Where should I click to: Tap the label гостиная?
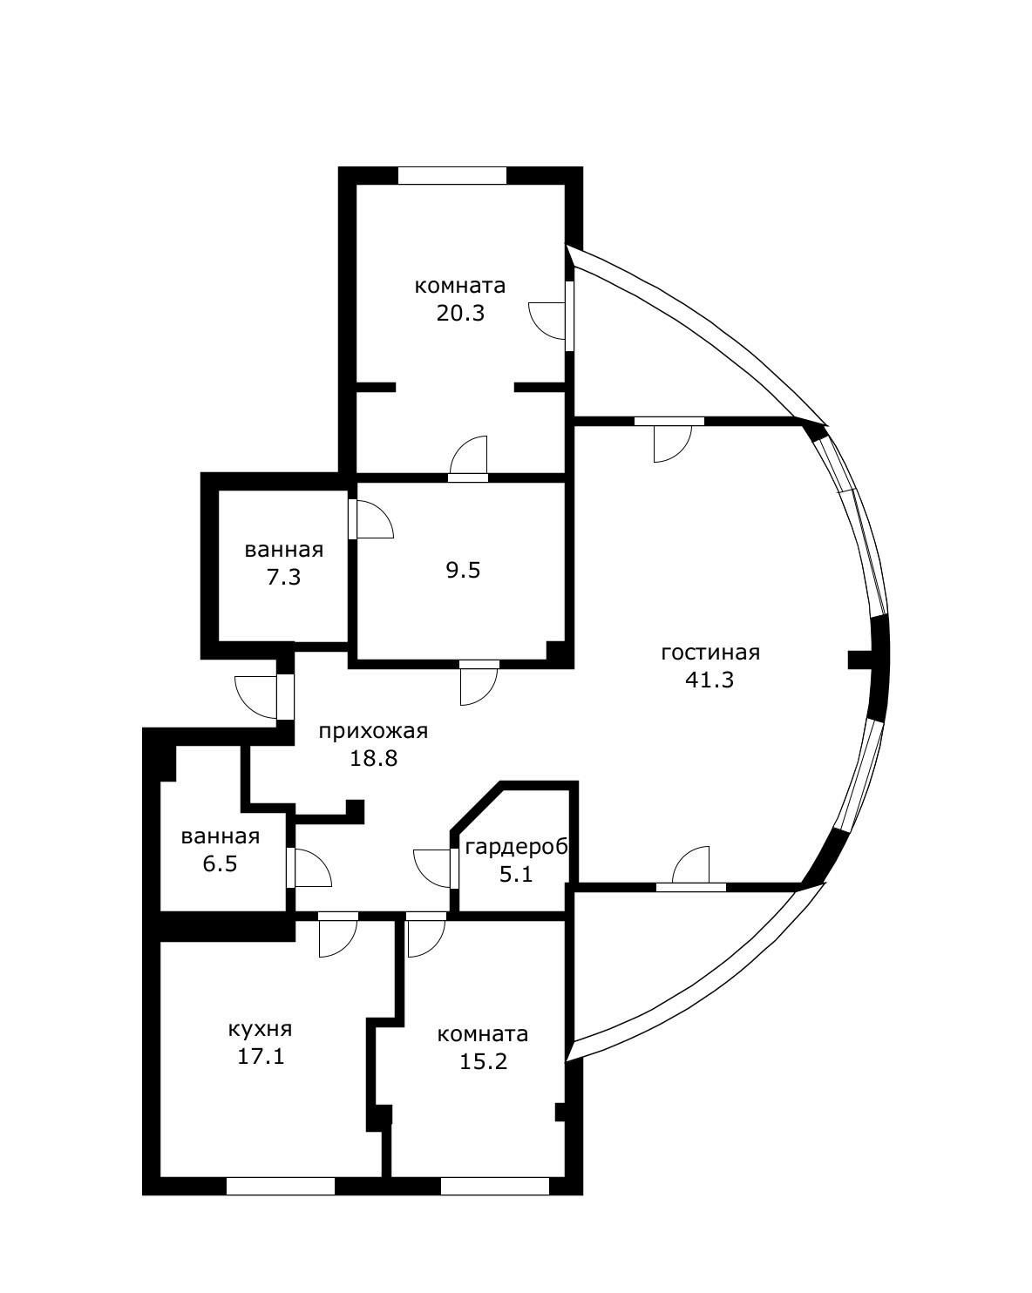point(710,653)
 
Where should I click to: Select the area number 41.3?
point(709,680)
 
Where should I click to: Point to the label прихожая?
point(373,731)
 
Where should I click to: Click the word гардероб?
point(517,847)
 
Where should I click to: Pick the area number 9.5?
point(463,571)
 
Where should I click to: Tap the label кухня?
point(260,1029)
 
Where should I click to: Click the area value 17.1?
point(261,1057)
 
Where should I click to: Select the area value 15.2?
point(483,1061)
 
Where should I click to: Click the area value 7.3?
point(284,577)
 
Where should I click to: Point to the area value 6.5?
point(220,864)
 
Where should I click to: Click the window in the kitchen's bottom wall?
point(281,1185)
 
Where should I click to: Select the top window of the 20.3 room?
point(452,175)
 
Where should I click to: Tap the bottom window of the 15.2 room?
point(494,1185)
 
